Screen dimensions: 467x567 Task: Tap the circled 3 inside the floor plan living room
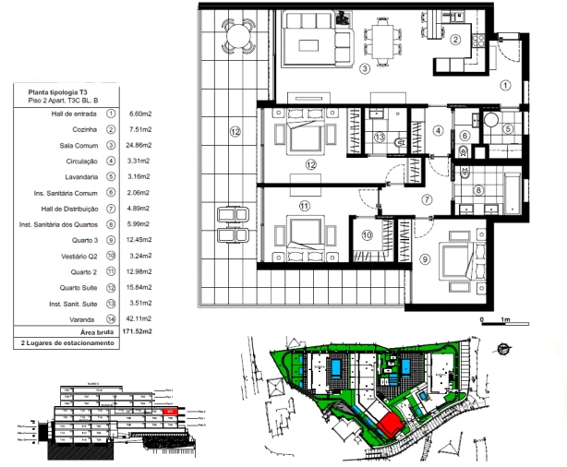pos(365,68)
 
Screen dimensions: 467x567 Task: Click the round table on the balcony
pos(237,36)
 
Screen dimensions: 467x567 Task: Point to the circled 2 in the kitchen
pos(455,39)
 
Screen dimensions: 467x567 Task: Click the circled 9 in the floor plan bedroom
pos(424,260)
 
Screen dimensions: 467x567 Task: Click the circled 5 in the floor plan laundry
pos(507,129)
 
